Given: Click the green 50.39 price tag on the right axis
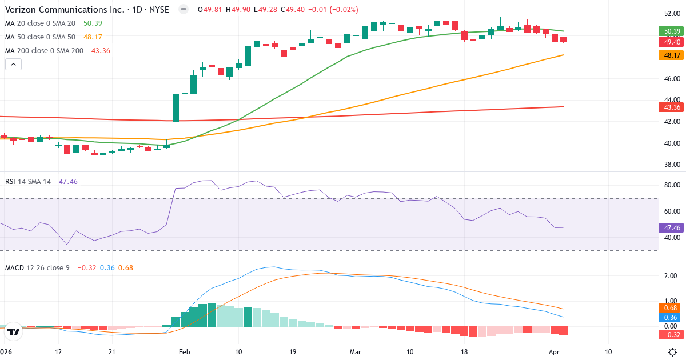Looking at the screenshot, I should (x=671, y=31).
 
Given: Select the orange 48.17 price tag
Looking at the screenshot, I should (x=671, y=55).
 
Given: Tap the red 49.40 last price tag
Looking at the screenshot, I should (x=671, y=42).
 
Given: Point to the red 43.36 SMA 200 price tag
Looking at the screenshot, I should (x=671, y=107).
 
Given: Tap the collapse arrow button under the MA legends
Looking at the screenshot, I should (x=13, y=65).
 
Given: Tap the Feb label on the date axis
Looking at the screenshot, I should (x=184, y=351).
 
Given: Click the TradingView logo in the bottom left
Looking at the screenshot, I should (x=14, y=331).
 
